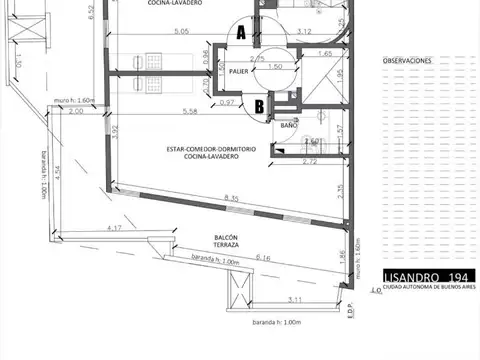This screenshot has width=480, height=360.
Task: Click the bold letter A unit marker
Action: point(240,33)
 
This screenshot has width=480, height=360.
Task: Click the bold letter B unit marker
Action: point(258,105)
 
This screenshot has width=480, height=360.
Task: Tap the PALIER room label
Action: point(238,72)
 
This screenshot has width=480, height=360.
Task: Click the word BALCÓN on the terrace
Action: point(225,237)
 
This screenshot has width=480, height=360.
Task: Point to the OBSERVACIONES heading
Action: point(408,61)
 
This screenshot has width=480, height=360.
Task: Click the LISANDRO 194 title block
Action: point(425,276)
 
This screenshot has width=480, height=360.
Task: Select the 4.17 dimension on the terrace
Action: point(115,229)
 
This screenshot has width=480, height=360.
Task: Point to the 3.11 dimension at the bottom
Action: point(296,299)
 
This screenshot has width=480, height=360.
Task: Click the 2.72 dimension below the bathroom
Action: point(311,160)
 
